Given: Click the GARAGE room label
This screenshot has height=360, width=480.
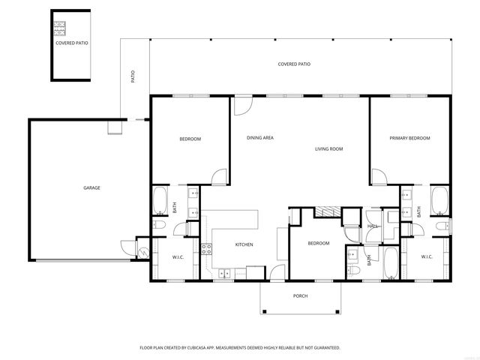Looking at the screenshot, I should (x=91, y=187).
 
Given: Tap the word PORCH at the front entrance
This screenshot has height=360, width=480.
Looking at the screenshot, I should (x=300, y=295).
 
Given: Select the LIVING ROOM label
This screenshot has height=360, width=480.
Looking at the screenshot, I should (x=328, y=149).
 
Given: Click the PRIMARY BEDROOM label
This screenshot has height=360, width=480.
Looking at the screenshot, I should (x=409, y=138).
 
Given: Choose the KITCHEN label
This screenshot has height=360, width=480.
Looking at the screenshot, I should (x=244, y=244).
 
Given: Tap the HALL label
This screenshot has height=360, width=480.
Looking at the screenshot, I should (x=372, y=226).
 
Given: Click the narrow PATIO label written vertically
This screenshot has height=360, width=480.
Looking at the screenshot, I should (x=133, y=76).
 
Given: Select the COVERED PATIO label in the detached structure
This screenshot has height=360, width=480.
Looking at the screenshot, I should (x=71, y=43).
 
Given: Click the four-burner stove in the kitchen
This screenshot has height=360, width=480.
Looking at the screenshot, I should (x=206, y=250).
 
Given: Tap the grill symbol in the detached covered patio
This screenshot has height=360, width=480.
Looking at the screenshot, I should (x=58, y=29).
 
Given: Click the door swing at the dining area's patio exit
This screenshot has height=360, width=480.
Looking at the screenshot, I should (x=241, y=105).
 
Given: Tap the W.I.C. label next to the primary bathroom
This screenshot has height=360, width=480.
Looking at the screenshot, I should (x=426, y=257).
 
